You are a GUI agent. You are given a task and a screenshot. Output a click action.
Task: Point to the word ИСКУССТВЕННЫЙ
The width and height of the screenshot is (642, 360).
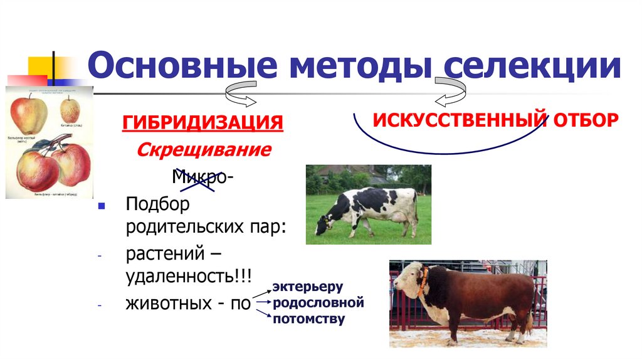coord(460,119)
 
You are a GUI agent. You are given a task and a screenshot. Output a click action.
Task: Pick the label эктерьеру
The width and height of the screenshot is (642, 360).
coord(307,287)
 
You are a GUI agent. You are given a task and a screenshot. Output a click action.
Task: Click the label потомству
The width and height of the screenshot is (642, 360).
coord(308,319)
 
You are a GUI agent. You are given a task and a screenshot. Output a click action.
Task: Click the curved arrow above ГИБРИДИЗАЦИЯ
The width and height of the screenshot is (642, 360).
coord(241,93)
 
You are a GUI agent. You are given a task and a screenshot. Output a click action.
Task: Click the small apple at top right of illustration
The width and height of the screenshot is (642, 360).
coord(70,111)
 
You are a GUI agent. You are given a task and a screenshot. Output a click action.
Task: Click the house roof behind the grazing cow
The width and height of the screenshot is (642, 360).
coord(357,170)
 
